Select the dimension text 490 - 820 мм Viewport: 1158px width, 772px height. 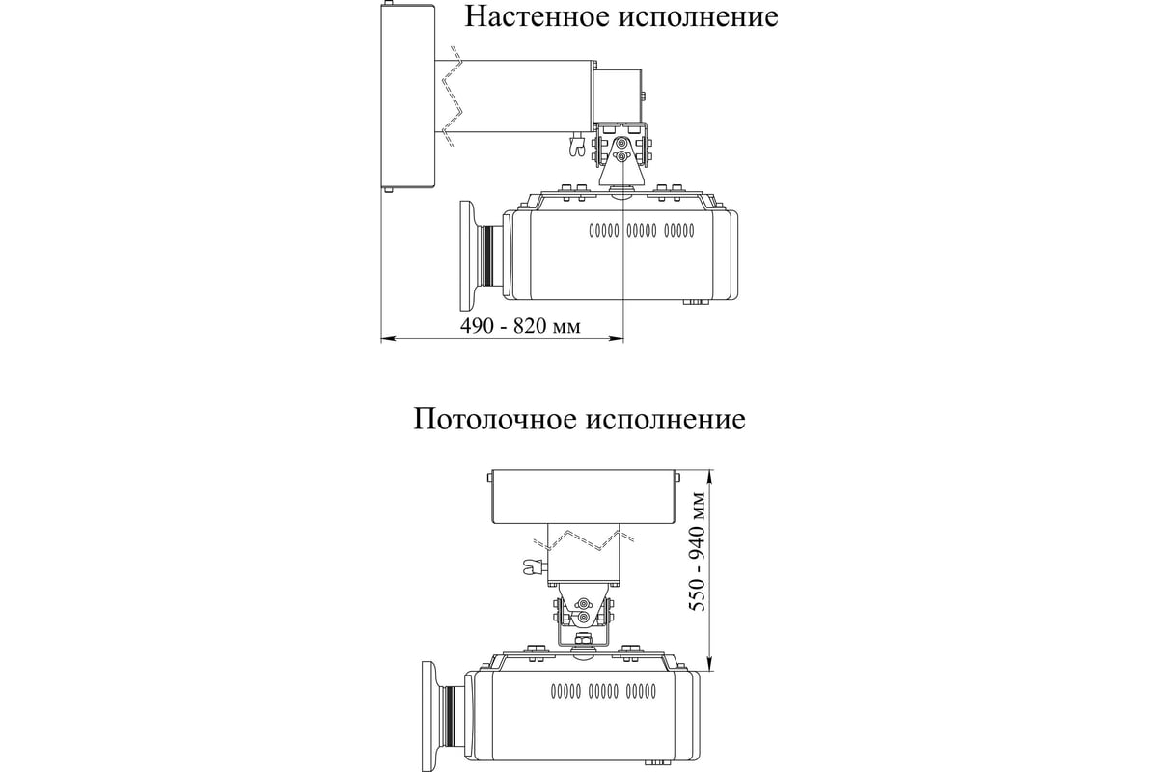[x=520, y=326]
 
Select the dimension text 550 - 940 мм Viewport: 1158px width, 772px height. [x=699, y=552]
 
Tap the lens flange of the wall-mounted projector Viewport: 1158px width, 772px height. [x=471, y=257]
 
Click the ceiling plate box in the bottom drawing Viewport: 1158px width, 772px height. [x=584, y=496]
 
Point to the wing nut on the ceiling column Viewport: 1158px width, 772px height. [x=534, y=567]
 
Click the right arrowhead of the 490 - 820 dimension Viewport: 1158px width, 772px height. [x=617, y=339]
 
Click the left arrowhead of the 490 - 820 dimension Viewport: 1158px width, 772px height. [x=389, y=339]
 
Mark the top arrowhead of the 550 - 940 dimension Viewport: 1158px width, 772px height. [x=711, y=478]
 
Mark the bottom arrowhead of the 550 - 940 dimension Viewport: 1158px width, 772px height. [x=711, y=663]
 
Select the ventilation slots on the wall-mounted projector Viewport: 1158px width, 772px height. [x=642, y=231]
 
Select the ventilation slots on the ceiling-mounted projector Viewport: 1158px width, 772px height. [x=604, y=691]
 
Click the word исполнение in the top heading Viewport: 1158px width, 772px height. [x=698, y=16]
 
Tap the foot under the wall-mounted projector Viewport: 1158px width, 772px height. [x=696, y=302]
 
